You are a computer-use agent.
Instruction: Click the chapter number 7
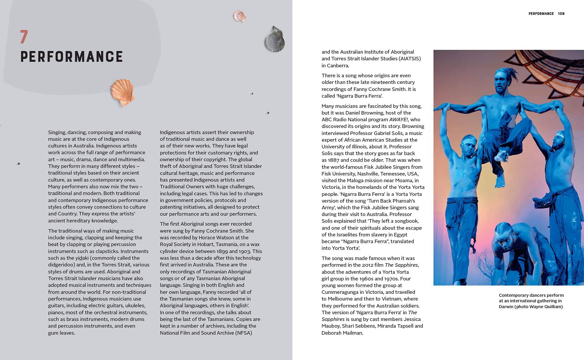point(24,37)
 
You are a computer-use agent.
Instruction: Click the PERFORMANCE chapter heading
point(72,57)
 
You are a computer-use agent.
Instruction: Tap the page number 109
point(561,14)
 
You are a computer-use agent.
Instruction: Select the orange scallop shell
point(122,92)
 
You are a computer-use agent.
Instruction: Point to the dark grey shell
point(274,40)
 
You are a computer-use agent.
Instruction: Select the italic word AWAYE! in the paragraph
point(399,120)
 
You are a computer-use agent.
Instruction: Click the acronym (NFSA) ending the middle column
point(243,333)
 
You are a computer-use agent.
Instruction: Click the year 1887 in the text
point(334,160)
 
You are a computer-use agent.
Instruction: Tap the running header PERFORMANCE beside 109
point(541,14)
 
